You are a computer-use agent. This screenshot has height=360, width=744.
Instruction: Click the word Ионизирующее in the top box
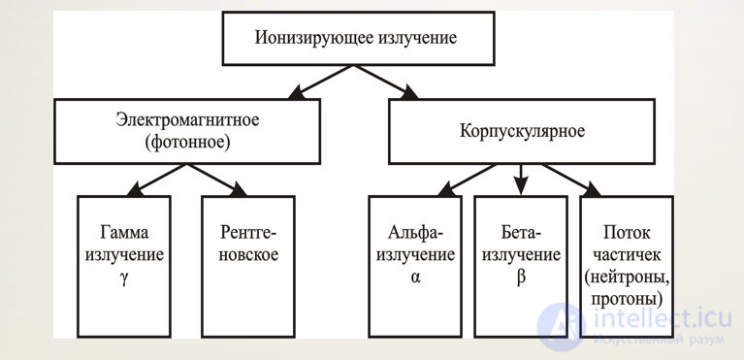[x=303, y=40]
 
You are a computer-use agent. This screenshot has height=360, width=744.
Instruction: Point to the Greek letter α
[x=414, y=277]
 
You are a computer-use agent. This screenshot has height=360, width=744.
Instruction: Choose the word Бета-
[x=521, y=235]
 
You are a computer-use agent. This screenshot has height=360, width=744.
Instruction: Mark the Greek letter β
[x=521, y=277]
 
